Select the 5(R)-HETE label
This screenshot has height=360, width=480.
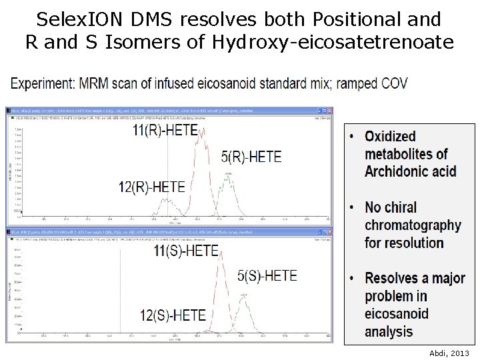tap(251, 157)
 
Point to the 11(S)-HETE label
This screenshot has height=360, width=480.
tap(186, 251)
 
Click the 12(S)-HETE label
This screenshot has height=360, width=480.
tap(173, 313)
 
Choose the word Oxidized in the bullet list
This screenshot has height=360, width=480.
tap(390, 137)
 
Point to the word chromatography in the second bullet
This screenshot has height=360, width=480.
tap(413, 225)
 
